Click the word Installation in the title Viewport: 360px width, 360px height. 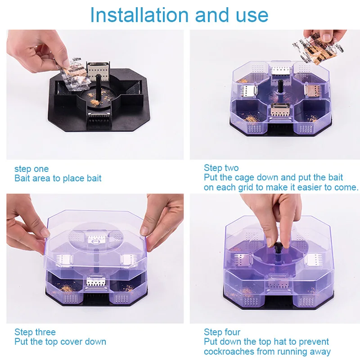pos(139,15)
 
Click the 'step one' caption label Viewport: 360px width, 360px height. pos(31,169)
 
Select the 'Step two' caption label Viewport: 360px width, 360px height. pos(221,168)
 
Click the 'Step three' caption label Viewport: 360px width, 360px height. pos(35,332)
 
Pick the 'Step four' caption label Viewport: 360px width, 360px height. pos(222,332)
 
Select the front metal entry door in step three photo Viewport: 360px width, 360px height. pos(96,281)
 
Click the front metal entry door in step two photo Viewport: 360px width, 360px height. pos(280,110)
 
